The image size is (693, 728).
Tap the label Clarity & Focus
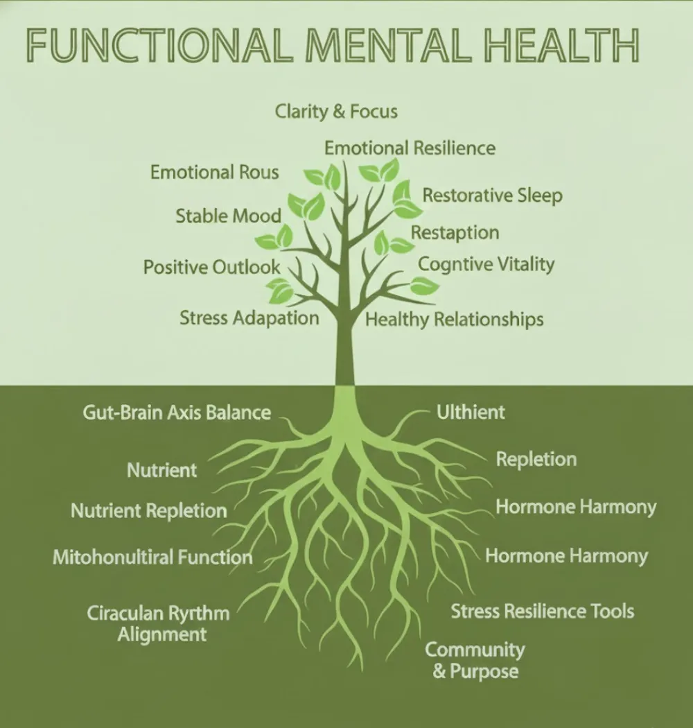(336, 111)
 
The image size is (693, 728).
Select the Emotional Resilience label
(410, 148)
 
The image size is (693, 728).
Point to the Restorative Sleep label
(492, 196)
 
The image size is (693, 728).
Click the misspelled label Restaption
(455, 232)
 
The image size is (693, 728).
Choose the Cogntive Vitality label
(486, 264)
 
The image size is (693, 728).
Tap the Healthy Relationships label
(454, 320)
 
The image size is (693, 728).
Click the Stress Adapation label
(249, 318)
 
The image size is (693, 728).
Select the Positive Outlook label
(211, 267)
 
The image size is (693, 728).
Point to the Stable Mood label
(228, 216)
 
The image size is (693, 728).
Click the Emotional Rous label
(214, 172)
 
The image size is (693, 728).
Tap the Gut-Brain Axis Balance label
(177, 413)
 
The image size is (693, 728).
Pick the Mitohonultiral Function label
(152, 557)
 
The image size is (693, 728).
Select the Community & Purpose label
(475, 660)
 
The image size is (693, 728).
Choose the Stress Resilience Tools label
(542, 611)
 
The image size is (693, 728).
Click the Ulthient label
(471, 413)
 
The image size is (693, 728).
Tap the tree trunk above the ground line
(344, 347)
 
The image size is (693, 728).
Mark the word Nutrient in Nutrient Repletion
(107, 511)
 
